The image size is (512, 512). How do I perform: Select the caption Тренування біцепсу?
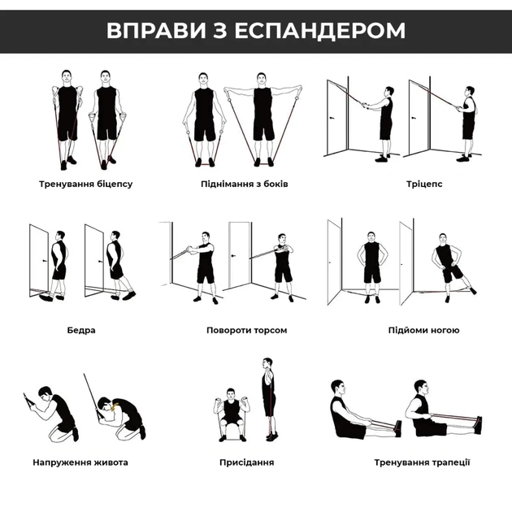coord(85,184)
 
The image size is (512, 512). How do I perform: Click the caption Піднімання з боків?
coord(245,184)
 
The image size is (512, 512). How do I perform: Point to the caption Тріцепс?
coord(424,184)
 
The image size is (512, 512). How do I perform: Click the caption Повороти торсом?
coord(246,331)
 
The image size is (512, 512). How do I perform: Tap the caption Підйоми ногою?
coord(423,331)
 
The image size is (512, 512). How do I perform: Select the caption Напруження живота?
coord(80,462)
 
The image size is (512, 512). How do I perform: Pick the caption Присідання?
coord(246,462)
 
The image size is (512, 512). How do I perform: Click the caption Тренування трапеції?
coord(422,462)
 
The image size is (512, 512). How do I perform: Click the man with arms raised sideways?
coord(263,118)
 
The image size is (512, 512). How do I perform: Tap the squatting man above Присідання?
coord(232,414)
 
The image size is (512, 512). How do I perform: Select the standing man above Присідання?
coord(268,398)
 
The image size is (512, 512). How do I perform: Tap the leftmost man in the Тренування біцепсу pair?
coord(67,118)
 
